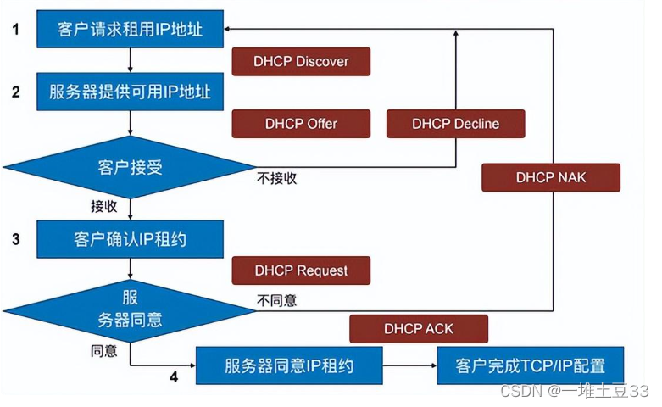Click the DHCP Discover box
tap(301, 62)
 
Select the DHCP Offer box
tap(301, 124)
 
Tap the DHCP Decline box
tap(455, 124)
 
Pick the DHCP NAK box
tap(551, 177)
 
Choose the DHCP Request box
tap(301, 270)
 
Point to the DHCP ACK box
tap(419, 328)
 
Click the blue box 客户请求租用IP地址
tap(130, 29)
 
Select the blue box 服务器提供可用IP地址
tap(130, 92)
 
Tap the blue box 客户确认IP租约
tap(130, 239)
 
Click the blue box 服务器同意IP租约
tap(289, 365)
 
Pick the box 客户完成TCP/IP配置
tap(531, 365)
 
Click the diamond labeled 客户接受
tap(130, 167)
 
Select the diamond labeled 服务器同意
tap(130, 311)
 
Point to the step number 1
tap(15, 29)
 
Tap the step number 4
tap(174, 376)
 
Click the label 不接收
tap(276, 178)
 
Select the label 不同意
tap(276, 300)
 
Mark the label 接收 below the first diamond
tap(104, 206)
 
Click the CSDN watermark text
tap(574, 391)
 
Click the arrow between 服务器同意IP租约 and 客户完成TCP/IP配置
tap(410, 365)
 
